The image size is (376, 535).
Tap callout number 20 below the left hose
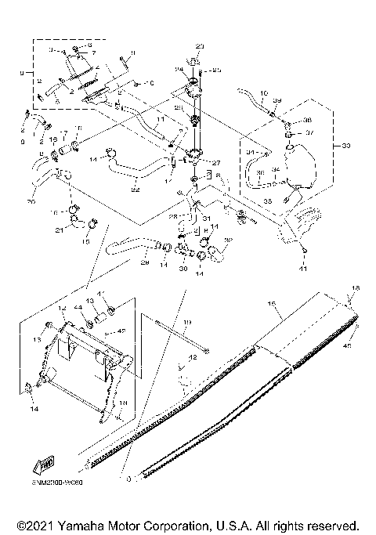click(x=32, y=201)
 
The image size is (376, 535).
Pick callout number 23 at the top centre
click(x=199, y=47)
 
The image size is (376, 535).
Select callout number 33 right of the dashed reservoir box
click(x=338, y=146)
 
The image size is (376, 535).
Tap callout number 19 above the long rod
click(x=187, y=322)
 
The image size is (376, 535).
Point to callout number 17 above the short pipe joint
click(x=65, y=134)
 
